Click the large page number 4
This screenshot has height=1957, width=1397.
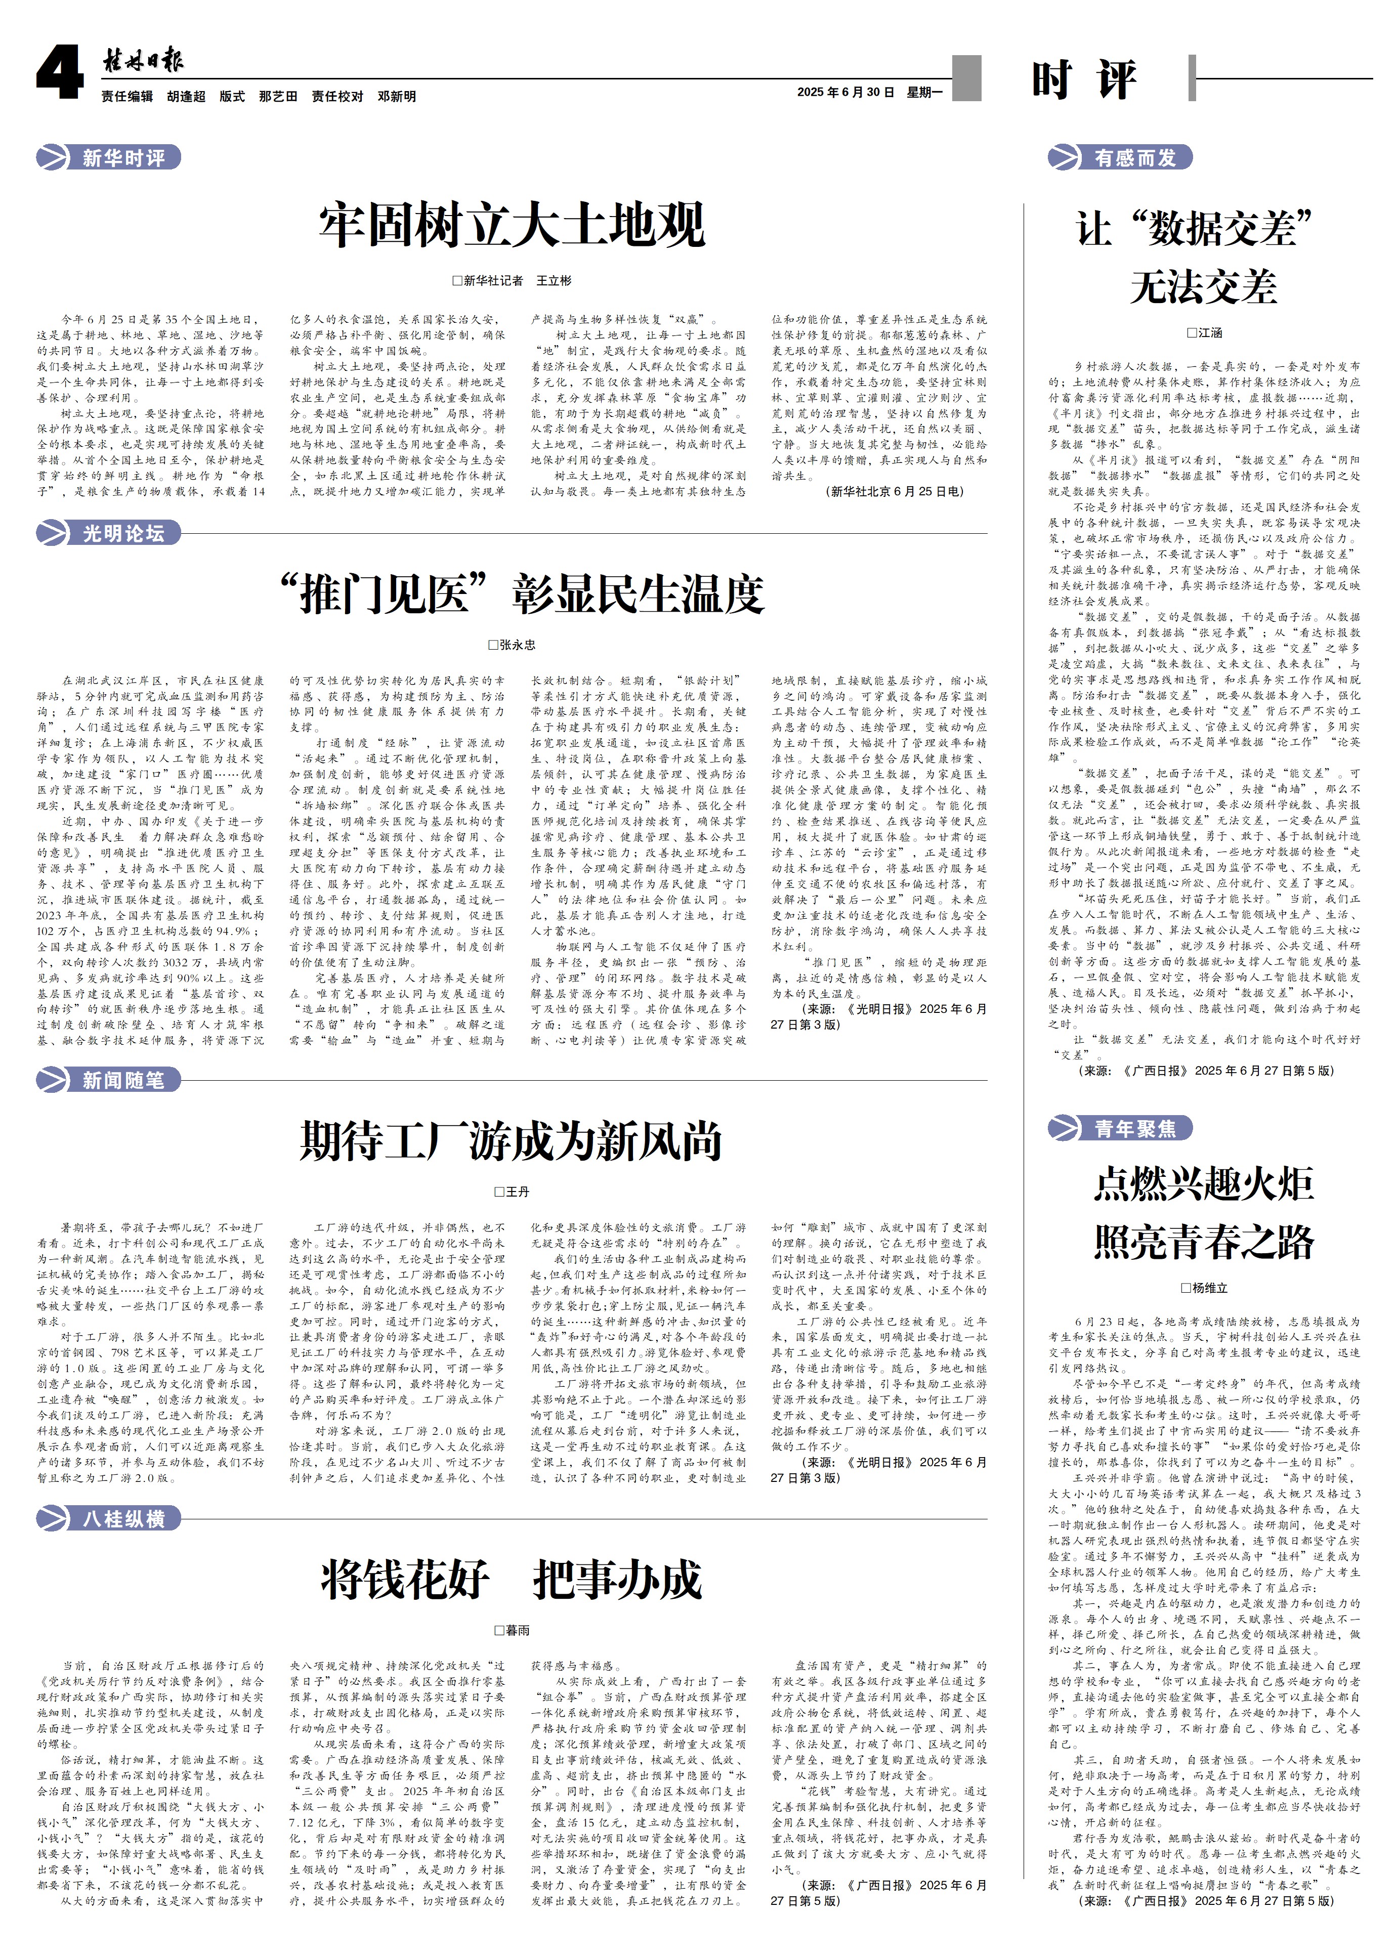[59, 73]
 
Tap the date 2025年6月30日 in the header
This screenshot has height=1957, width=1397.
[845, 92]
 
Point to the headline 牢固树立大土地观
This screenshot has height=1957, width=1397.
[512, 225]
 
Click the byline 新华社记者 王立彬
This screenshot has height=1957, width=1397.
[512, 280]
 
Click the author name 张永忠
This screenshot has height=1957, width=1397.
[512, 644]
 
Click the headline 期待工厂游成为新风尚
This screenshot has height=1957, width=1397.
[511, 1140]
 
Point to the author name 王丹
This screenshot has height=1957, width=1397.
[512, 1192]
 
